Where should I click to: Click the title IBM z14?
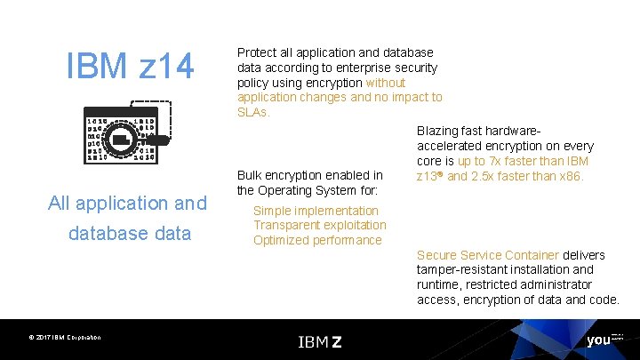(130, 65)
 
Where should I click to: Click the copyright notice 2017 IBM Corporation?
(64, 338)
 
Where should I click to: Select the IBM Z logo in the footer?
(319, 341)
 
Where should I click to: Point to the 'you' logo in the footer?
(604, 340)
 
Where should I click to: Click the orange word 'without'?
(386, 83)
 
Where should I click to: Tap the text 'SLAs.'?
(253, 112)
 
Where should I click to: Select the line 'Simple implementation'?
(316, 211)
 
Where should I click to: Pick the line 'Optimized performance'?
(317, 240)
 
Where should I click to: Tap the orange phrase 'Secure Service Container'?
(488, 255)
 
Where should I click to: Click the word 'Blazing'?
(439, 131)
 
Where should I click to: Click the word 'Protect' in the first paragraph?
(258, 53)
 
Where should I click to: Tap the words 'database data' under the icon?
(130, 233)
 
